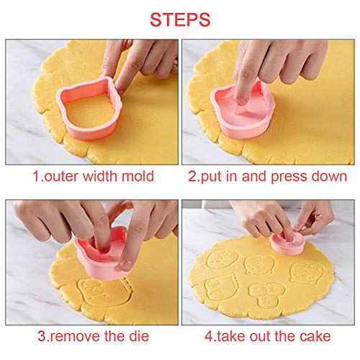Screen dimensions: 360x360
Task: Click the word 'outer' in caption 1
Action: coord(58,176)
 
